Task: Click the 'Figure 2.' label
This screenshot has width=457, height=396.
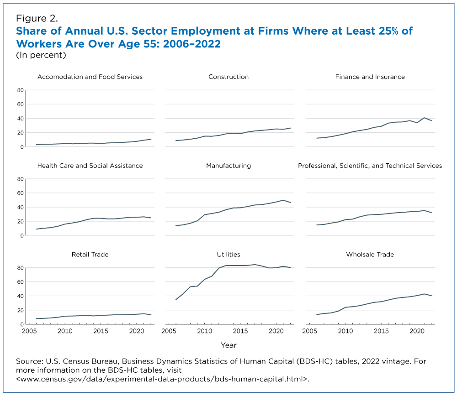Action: click(x=37, y=18)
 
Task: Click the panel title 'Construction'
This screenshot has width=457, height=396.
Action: click(x=228, y=77)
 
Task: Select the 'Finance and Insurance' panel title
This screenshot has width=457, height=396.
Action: click(x=370, y=77)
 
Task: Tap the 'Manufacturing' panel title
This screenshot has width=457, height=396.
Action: click(x=228, y=166)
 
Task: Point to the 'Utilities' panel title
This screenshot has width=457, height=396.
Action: click(x=228, y=254)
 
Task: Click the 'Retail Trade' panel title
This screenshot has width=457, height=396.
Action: click(x=90, y=254)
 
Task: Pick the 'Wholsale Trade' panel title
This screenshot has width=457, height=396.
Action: click(x=370, y=254)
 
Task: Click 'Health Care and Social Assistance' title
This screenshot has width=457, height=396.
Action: click(x=90, y=166)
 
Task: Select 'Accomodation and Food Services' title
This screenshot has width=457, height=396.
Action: click(x=90, y=77)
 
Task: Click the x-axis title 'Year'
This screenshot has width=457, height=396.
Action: click(x=228, y=345)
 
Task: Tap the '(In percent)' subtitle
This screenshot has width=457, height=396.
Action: click(x=41, y=55)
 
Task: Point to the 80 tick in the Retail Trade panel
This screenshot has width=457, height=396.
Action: click(x=20, y=268)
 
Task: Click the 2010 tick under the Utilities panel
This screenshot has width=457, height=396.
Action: click(x=204, y=331)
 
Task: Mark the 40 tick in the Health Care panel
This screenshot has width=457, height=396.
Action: click(x=20, y=207)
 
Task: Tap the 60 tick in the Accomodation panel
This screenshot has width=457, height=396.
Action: click(x=20, y=104)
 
